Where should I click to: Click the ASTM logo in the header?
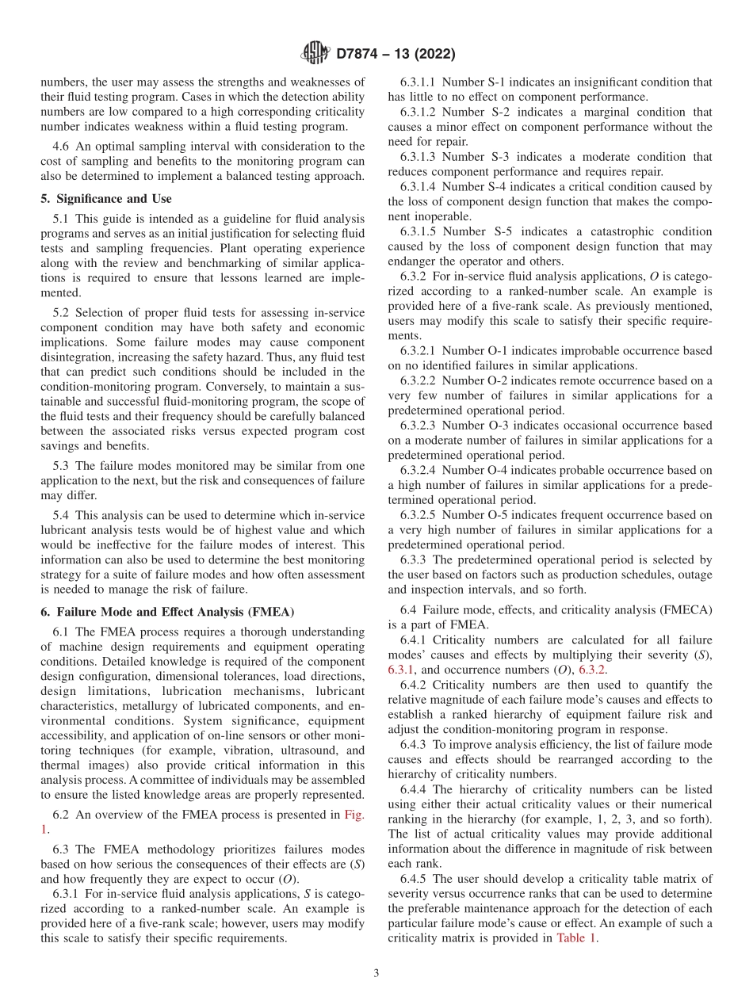pos(315,54)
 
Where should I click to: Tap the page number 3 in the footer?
pos(376,973)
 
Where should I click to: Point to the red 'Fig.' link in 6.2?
pos(354,814)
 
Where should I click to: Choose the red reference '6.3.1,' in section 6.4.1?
pos(403,670)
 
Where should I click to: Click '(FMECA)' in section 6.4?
pos(683,609)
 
